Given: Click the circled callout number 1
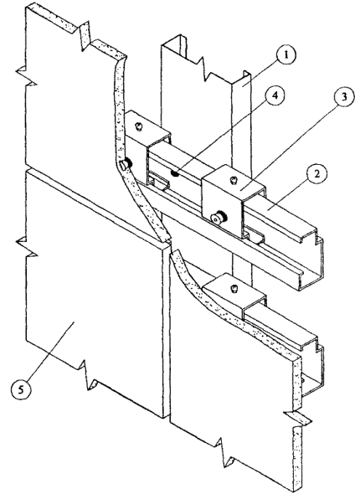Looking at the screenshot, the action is tap(286, 55).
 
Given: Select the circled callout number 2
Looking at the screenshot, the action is tap(316, 173).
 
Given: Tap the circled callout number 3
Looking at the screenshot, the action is tap(344, 97).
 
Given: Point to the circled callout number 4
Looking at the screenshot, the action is tap(275, 95).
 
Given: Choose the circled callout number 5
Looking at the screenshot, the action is tap(21, 389).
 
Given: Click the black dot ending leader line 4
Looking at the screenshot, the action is tap(173, 172).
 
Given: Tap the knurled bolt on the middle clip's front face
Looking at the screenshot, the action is tap(216, 219).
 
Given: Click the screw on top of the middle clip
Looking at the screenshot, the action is tap(234, 180).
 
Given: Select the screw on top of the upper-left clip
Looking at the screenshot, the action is tap(138, 126).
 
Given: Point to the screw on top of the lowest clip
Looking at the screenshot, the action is tap(234, 288).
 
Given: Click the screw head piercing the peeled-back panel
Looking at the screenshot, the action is tap(126, 164).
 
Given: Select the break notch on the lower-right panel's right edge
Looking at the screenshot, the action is tap(297, 419).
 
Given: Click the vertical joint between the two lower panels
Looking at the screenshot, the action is tap(167, 331).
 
